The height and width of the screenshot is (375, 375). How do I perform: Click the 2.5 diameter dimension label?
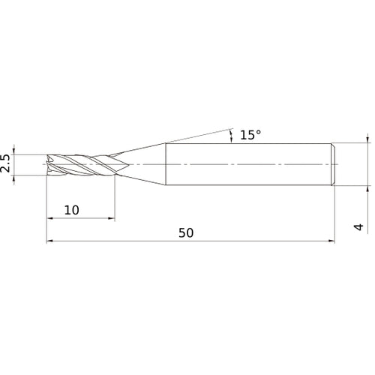tap(7, 163)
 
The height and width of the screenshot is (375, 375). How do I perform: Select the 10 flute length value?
tap(71, 210)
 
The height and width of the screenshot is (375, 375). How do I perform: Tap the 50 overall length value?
tap(186, 232)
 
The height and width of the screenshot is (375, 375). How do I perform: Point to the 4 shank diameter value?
tap(358, 226)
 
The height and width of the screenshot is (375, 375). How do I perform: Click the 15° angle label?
tap(251, 136)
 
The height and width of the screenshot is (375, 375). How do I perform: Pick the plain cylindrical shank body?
tap(247, 163)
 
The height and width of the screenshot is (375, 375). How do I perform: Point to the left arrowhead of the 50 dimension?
tap(51, 241)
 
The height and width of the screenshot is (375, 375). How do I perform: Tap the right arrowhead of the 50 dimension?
tap(330, 241)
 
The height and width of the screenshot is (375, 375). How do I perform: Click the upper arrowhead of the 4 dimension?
tap(367, 138)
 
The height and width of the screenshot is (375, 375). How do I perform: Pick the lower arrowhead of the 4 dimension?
tap(367, 189)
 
